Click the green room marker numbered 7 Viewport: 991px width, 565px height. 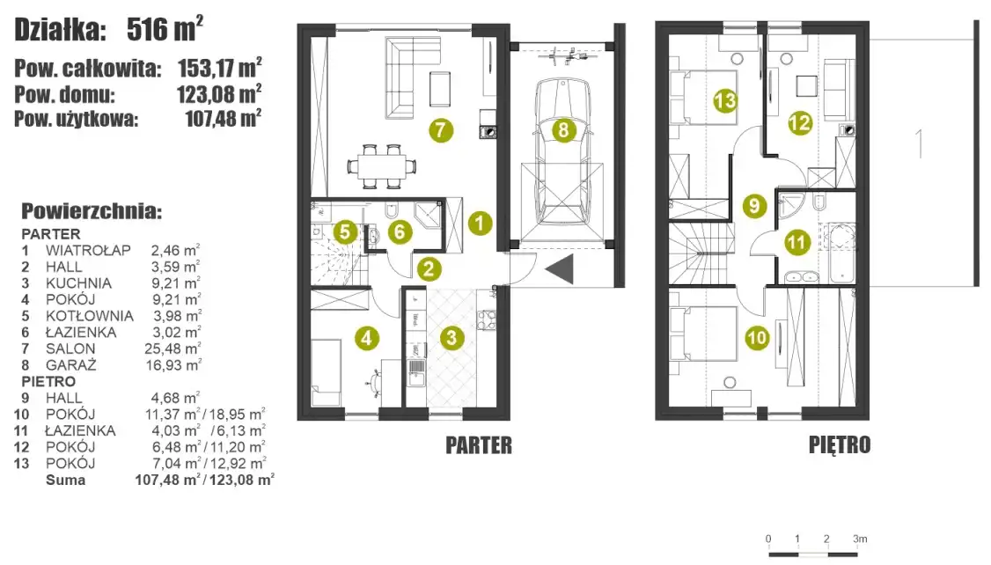(441, 130)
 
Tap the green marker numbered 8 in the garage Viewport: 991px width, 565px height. (563, 131)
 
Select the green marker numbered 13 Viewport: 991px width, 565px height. (725, 100)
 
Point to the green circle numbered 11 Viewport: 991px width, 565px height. (797, 243)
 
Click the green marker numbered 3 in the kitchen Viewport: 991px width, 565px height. (451, 337)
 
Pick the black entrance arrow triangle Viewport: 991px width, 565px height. (560, 269)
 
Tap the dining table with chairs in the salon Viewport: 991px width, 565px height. (382, 166)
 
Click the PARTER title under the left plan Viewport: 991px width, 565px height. (479, 445)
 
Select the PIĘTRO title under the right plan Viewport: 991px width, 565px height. (840, 445)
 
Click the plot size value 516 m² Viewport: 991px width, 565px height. (165, 29)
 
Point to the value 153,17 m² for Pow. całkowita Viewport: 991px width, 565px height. (220, 67)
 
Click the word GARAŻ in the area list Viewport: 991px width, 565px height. (70, 364)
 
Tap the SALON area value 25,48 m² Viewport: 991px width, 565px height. (173, 349)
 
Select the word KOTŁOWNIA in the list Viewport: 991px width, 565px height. (89, 315)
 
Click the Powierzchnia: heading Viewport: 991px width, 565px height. (92, 211)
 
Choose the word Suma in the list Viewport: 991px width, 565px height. (65, 480)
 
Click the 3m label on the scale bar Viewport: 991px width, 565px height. (860, 539)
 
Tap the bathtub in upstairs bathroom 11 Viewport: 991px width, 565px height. (841, 253)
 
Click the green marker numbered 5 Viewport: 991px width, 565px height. (344, 232)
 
